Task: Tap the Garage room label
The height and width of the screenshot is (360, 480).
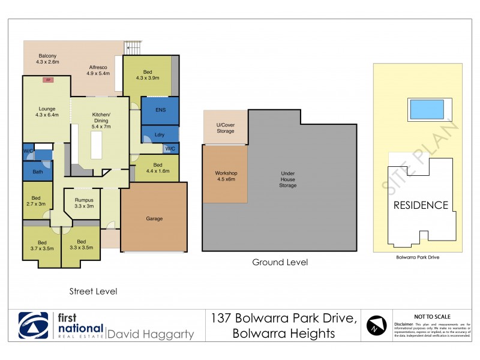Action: (154, 218)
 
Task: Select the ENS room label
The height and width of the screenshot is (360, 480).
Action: (160, 110)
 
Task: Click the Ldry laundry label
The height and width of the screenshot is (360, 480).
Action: (160, 134)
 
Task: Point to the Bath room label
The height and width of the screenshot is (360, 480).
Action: (38, 172)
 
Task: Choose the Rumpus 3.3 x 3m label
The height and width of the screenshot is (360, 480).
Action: (84, 203)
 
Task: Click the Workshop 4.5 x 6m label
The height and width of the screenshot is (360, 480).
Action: (226, 176)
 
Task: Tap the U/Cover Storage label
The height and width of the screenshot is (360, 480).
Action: (226, 128)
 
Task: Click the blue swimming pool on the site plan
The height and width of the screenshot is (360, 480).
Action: (426, 109)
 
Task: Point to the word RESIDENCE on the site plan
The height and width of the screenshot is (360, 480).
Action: (421, 205)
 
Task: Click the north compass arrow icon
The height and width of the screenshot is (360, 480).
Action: (375, 325)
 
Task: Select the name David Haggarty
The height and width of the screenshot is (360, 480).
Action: (150, 334)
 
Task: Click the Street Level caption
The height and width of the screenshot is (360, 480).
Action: (93, 292)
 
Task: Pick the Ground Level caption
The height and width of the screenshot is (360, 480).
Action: (280, 262)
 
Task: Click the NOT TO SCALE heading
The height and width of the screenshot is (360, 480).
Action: (433, 316)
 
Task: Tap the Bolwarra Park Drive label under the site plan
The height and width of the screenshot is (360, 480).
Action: (418, 257)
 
